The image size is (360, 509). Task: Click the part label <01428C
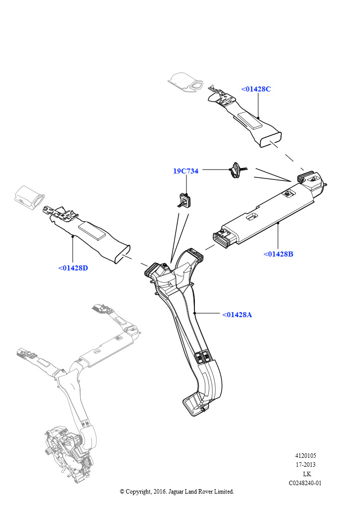[x=256, y=89]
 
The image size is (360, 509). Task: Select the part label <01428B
[x=278, y=254]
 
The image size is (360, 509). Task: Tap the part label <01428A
[x=237, y=315]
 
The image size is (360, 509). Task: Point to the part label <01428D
[x=73, y=268]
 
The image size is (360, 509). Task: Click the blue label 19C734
[x=185, y=171]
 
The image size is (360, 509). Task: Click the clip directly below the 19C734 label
[x=184, y=200]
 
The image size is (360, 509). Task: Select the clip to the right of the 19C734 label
[x=235, y=170]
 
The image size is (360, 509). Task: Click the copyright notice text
[x=177, y=491]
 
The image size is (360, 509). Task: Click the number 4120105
[x=305, y=456]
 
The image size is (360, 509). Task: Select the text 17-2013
[x=305, y=465]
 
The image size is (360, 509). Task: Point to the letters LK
[x=307, y=474]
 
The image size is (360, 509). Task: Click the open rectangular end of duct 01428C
[x=270, y=139]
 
